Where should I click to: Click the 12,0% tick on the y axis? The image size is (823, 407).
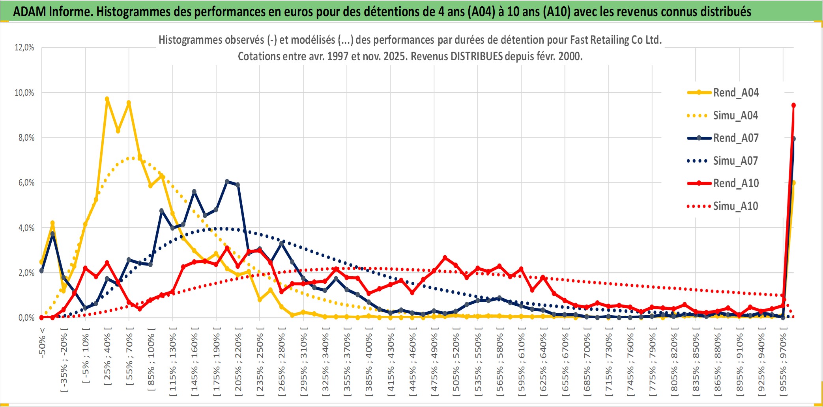point(24,48)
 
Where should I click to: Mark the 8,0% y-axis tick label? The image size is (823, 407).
point(26,138)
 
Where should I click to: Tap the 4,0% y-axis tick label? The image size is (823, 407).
point(26,228)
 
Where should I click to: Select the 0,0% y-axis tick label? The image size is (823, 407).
point(26,318)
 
